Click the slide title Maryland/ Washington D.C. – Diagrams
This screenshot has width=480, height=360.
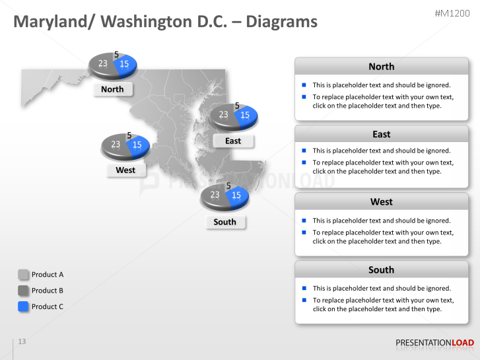click(166, 22)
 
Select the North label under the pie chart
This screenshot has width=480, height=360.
click(112, 89)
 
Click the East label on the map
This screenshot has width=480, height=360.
click(232, 141)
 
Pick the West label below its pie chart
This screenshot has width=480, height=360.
click(125, 170)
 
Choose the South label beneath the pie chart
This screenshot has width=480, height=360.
click(224, 222)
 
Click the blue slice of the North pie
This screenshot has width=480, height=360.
click(126, 64)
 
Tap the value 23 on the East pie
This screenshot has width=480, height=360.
click(224, 115)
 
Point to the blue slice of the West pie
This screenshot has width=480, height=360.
click(139, 145)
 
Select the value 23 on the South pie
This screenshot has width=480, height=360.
click(215, 195)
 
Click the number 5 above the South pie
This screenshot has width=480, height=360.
click(228, 186)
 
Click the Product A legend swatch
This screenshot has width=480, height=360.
click(23, 274)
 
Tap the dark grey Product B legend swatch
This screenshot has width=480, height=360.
click(23, 290)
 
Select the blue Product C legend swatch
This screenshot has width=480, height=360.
click(23, 306)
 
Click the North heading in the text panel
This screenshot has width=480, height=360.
click(381, 67)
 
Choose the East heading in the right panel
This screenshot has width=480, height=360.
click(381, 134)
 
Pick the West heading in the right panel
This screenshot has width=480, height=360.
click(381, 201)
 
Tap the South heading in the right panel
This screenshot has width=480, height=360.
click(381, 270)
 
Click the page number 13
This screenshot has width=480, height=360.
click(22, 342)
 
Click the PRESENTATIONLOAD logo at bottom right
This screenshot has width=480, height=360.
click(434, 342)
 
